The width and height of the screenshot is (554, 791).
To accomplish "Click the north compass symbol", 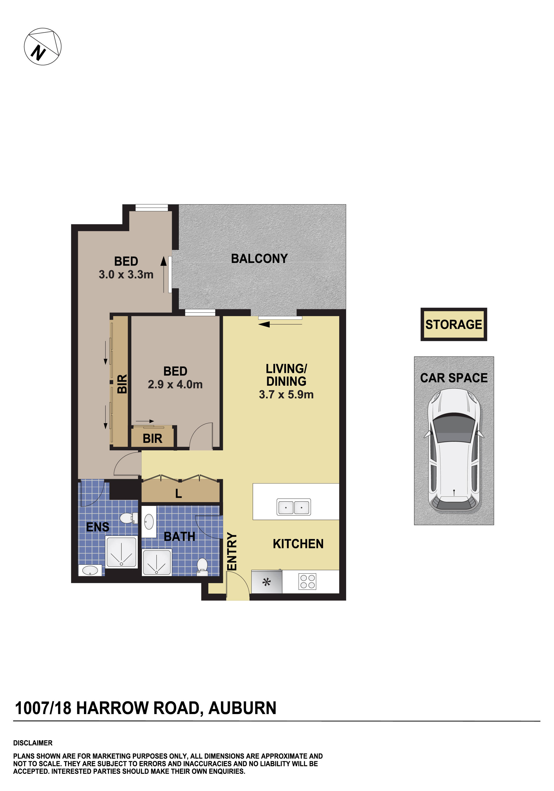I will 42,46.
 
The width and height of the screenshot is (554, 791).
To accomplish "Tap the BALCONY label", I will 259,258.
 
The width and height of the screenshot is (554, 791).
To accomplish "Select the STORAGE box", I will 453,324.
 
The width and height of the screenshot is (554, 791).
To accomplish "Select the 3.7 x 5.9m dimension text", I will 286,395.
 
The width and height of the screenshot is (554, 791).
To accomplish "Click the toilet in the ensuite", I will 129,518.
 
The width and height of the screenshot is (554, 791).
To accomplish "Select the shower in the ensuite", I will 121,552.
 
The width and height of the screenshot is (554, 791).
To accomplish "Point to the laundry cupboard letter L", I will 179,494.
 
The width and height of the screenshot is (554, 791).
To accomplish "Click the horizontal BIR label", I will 152,439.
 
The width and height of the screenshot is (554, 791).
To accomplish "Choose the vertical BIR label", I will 122,384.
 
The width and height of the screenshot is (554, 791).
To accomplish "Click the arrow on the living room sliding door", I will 264,324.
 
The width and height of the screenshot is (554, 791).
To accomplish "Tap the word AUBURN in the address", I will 242,708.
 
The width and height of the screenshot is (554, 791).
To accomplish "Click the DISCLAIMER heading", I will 33,743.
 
